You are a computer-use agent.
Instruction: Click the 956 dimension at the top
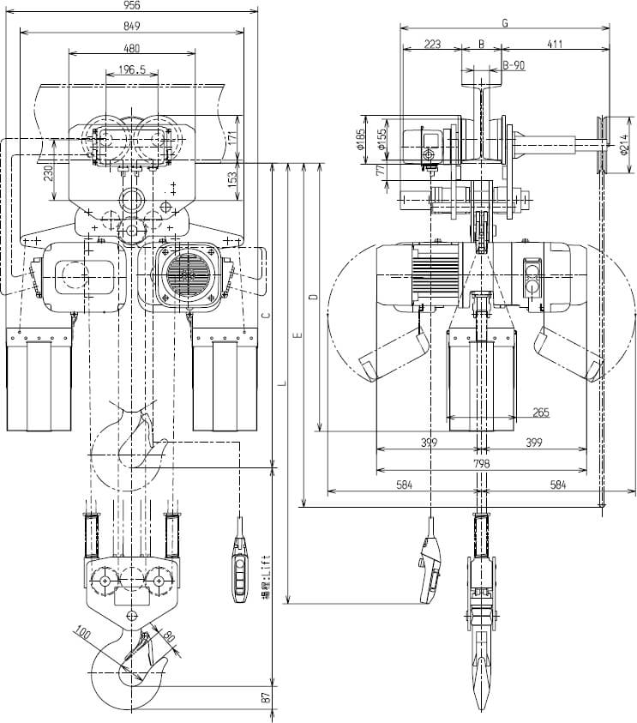coord(132,5)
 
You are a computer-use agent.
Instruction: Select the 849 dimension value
coord(132,27)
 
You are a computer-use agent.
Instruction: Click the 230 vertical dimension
coord(49,172)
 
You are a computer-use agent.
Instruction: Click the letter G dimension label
coord(505,23)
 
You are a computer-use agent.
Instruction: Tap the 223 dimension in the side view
coord(432,44)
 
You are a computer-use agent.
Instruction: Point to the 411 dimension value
coord(555,44)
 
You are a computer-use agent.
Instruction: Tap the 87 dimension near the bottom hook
coord(267,698)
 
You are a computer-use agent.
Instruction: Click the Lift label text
coord(267,570)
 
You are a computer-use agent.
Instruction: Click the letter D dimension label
coord(314,297)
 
